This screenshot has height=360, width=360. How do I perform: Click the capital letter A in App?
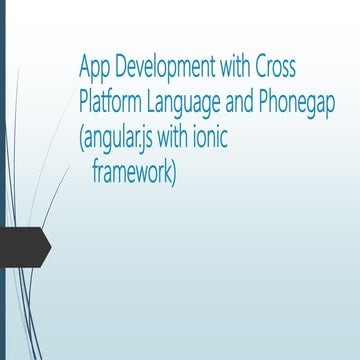(84, 69)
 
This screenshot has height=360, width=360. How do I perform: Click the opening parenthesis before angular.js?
(81, 139)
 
